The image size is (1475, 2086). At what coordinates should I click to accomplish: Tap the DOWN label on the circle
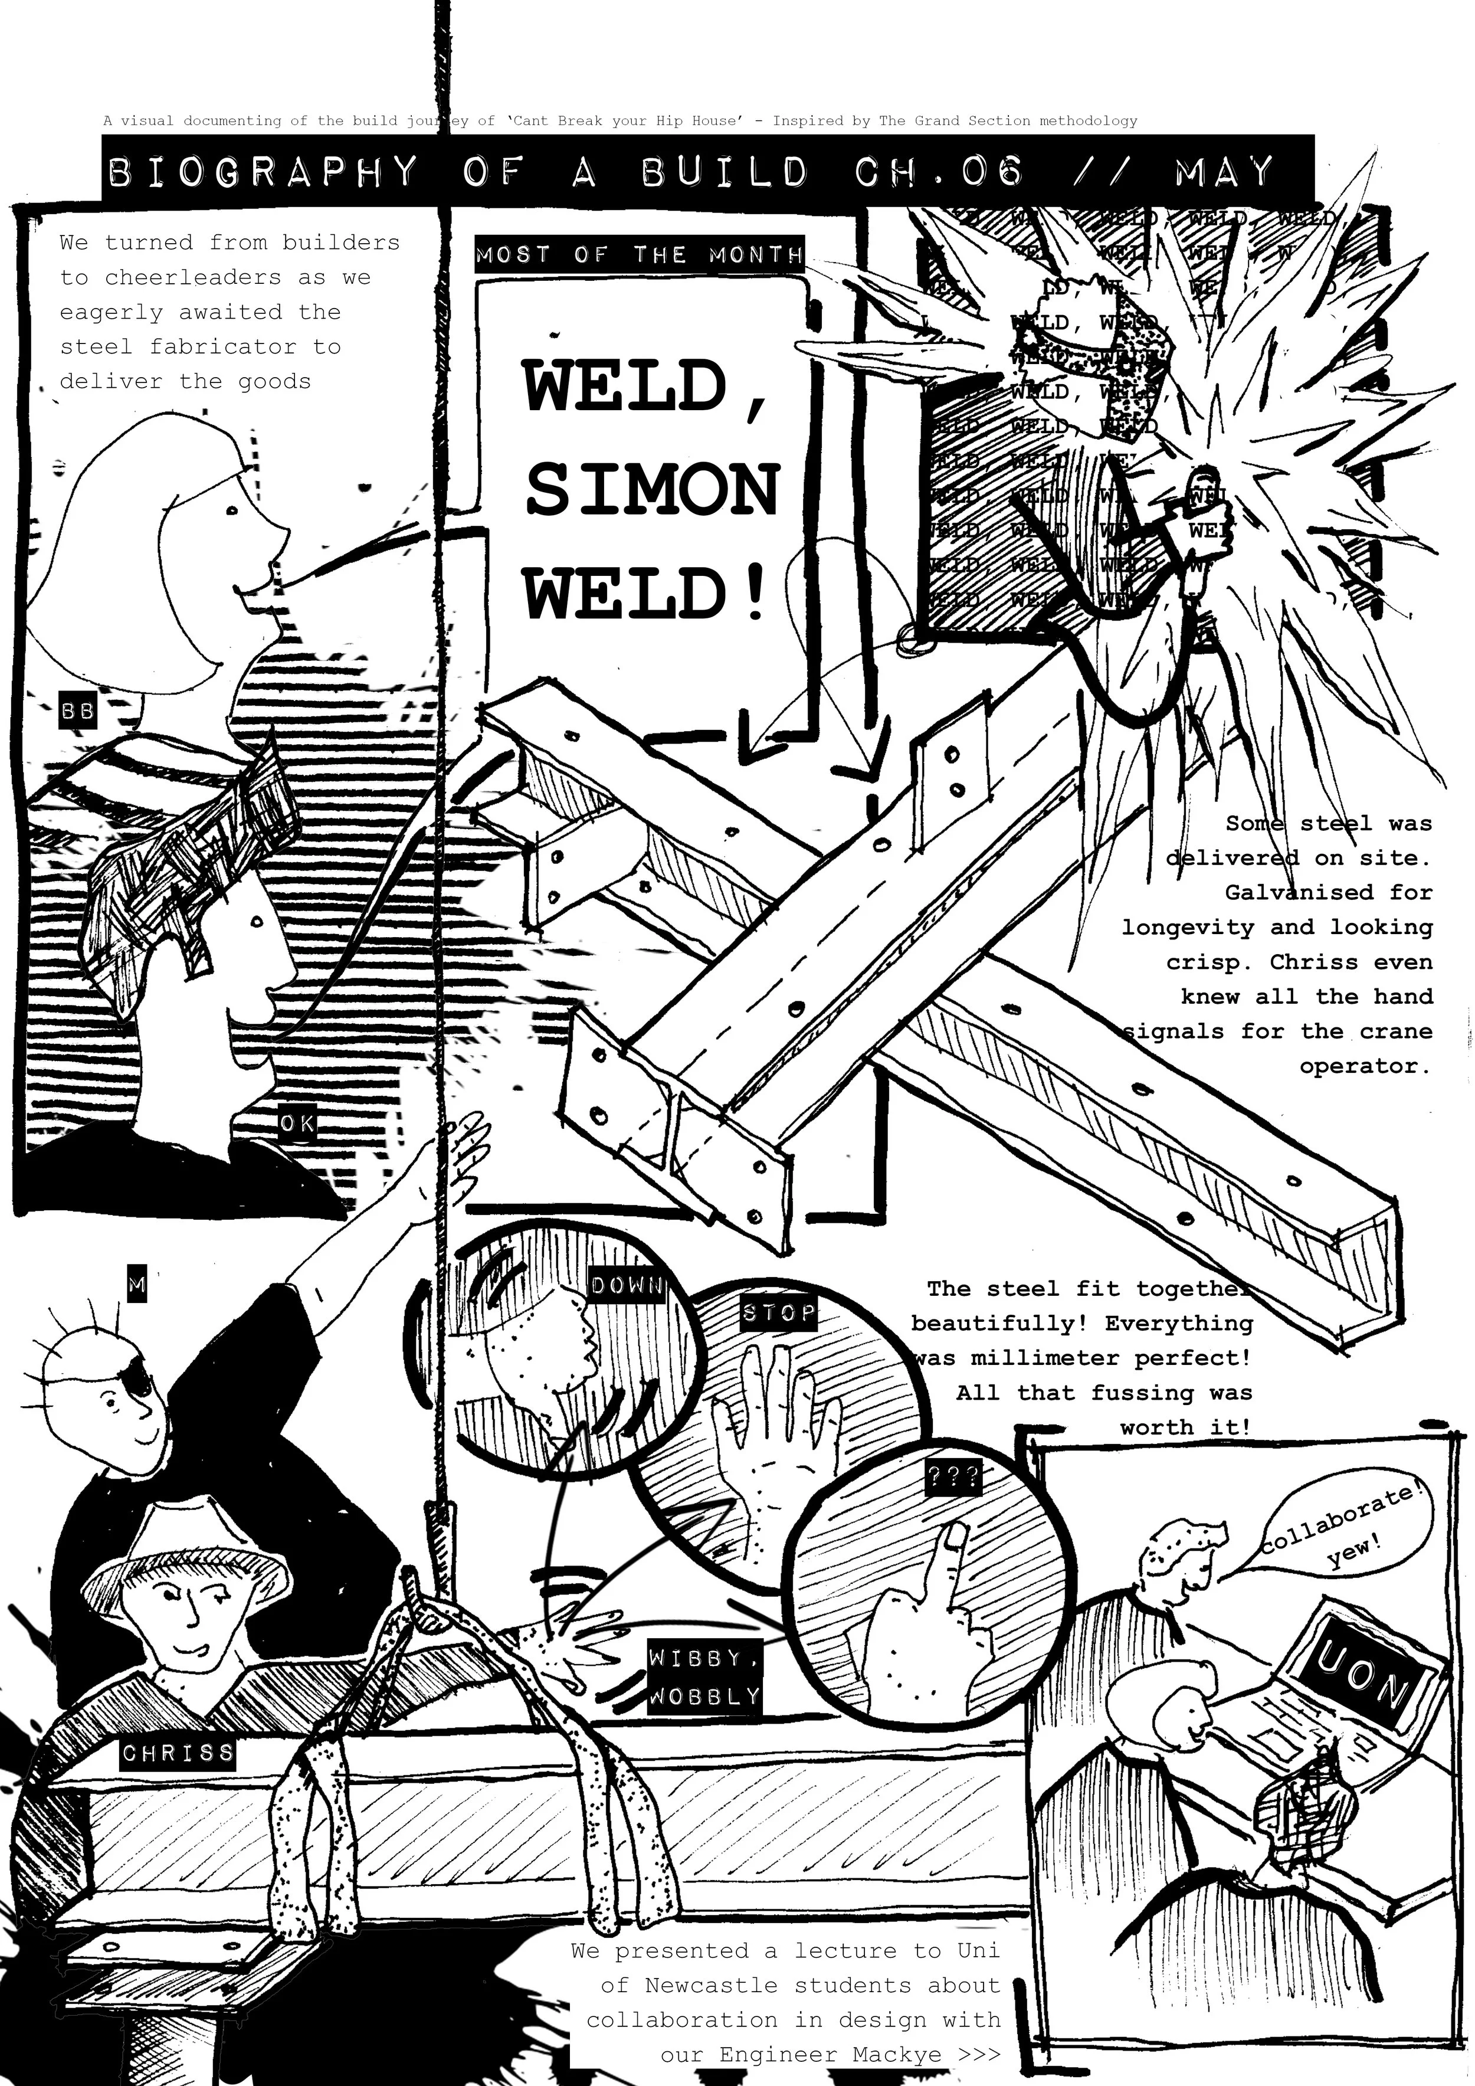click(627, 1285)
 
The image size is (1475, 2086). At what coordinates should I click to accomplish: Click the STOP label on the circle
click(778, 1314)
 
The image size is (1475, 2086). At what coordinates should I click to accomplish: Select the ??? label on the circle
click(953, 1476)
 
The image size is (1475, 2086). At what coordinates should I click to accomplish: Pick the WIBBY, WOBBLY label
click(705, 1677)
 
